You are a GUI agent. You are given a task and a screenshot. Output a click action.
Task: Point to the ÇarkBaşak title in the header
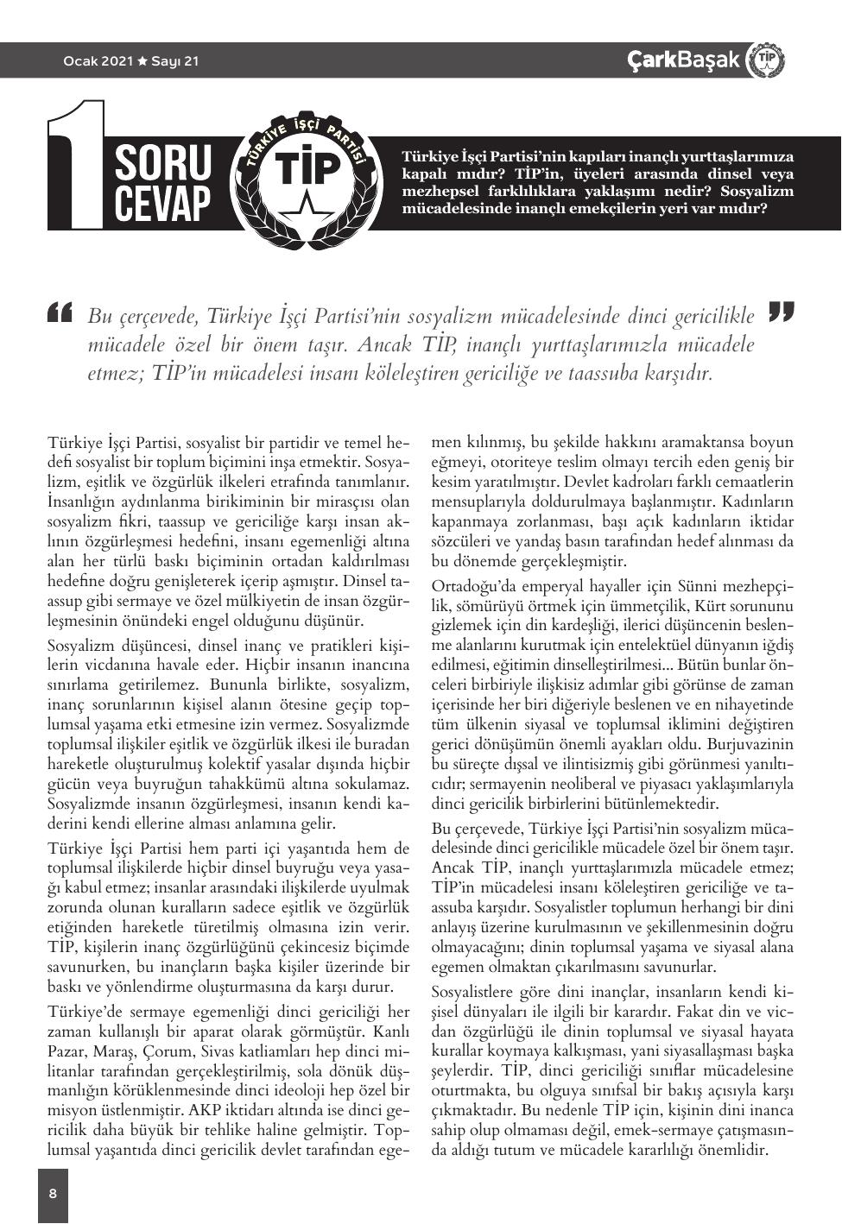683,60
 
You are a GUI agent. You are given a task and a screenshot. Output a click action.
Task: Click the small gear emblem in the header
764,60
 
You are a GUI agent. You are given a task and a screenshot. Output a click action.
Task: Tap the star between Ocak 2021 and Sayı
142,61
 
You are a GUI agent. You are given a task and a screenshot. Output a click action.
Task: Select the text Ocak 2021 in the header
98,61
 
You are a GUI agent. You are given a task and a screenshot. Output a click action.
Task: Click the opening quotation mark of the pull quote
61,312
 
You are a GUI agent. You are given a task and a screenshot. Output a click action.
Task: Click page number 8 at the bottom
53,1194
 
